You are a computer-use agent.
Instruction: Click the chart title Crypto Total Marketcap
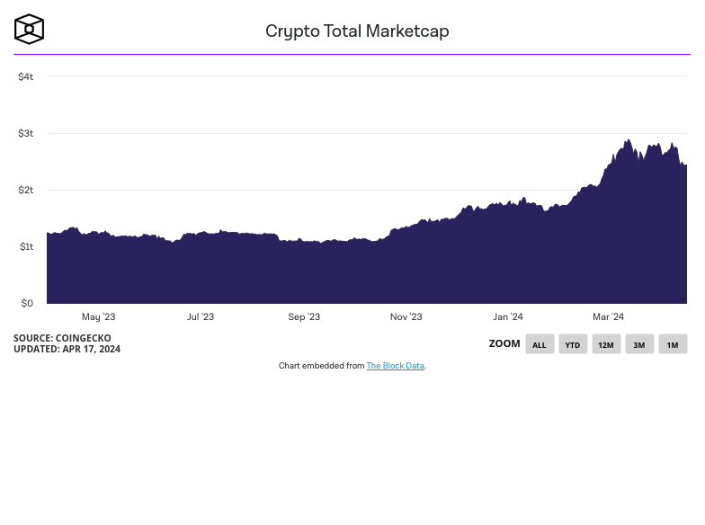coord(357,31)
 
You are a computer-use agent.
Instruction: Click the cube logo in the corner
coord(29,29)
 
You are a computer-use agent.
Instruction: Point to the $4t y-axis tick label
coord(25,76)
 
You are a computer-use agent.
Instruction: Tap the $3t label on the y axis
coord(25,133)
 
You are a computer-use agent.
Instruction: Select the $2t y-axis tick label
coord(25,190)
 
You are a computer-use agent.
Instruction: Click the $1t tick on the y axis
coord(25,246)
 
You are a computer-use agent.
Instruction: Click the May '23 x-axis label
coord(98,316)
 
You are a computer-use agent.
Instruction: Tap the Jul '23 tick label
coord(201,316)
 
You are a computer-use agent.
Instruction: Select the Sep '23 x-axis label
coord(304,316)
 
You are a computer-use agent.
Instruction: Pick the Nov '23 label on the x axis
coord(406,316)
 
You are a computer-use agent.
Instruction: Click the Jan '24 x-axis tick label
coord(507,316)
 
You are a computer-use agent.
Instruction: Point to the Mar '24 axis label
coord(608,316)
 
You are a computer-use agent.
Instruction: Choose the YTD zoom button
coord(572,344)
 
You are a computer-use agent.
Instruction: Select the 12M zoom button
coord(606,344)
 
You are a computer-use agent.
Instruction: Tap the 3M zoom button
coord(639,344)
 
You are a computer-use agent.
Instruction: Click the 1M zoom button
coord(672,344)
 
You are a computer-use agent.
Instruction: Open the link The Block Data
coord(395,366)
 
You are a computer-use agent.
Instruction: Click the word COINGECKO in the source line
coord(83,338)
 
